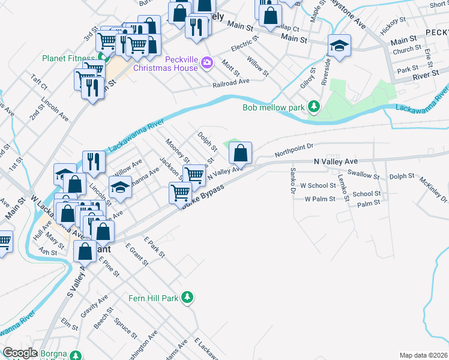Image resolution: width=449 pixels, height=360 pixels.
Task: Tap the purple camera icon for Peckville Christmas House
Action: pos(207,62)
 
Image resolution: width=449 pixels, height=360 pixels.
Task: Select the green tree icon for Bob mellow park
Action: pos(312,107)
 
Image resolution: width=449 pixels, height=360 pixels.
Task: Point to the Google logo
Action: pos(20,353)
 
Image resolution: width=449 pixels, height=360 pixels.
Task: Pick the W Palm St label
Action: pos(320,199)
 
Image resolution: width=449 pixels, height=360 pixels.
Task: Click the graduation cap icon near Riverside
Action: pos(339,46)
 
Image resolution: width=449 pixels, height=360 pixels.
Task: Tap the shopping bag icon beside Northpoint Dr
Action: pos(240,153)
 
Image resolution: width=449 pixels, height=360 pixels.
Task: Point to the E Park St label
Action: pos(154,247)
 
